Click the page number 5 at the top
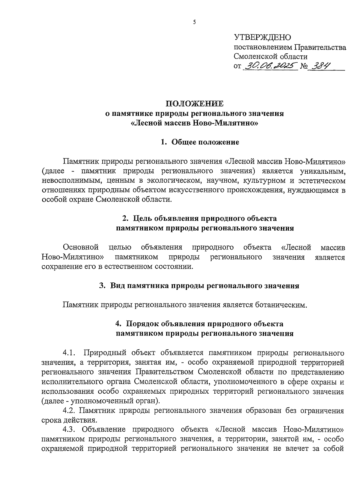tap(194, 22)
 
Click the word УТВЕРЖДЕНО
tap(262, 37)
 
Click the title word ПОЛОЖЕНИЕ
tap(195, 104)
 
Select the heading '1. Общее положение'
tap(200, 142)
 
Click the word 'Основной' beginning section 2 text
tap(81, 247)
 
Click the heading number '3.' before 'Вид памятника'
tap(102, 286)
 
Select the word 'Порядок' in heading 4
tap(142, 324)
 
